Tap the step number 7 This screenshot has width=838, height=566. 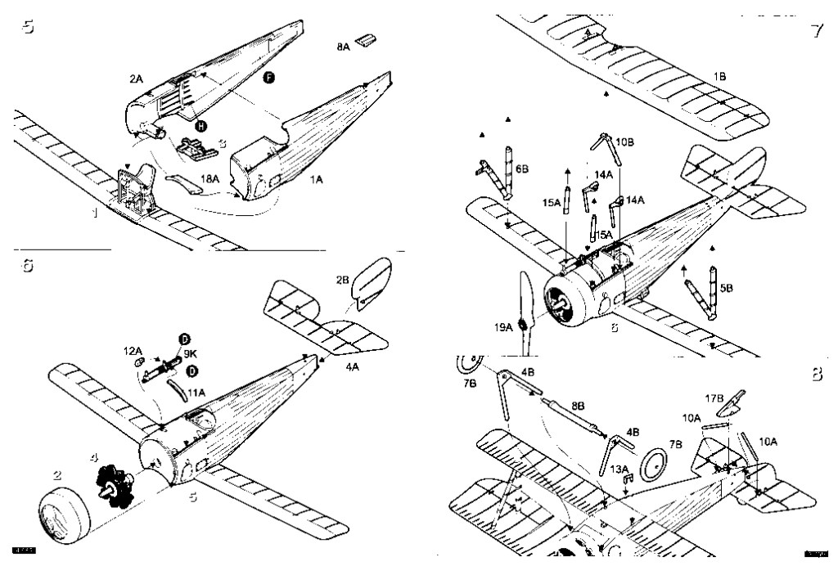(815, 31)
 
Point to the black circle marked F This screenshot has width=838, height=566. (269, 77)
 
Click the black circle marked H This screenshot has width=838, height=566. (200, 126)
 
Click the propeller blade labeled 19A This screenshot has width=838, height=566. (525, 315)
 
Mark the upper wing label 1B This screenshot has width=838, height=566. (719, 76)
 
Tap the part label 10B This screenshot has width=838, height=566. (624, 141)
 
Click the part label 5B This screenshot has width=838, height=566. (726, 289)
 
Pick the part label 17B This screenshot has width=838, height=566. (714, 401)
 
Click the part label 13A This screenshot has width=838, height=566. (619, 469)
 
